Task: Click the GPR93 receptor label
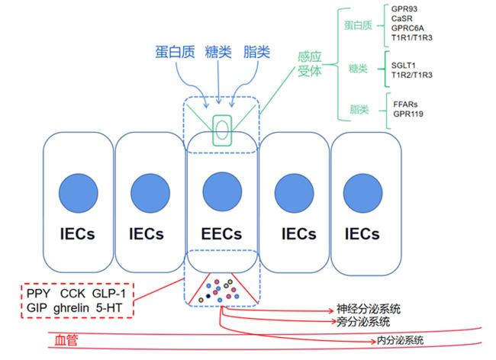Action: pyautogui.click(x=404, y=9)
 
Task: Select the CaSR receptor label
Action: pyautogui.click(x=401, y=18)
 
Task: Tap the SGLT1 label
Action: pyautogui.click(x=404, y=66)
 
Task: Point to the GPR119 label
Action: pyautogui.click(x=408, y=114)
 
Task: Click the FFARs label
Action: pyautogui.click(x=405, y=104)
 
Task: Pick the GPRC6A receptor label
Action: pyautogui.click(x=407, y=28)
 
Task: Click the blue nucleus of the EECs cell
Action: pyautogui.click(x=222, y=191)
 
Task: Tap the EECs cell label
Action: pyautogui.click(x=221, y=234)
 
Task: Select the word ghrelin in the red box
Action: pyautogui.click(x=71, y=307)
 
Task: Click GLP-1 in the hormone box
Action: pyautogui.click(x=109, y=294)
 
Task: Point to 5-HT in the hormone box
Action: pyautogui.click(x=109, y=307)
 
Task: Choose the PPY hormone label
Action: pyautogui.click(x=38, y=294)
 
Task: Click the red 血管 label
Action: pyautogui.click(x=66, y=341)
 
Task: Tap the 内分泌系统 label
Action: pyautogui.click(x=400, y=341)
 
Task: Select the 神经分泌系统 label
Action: pyautogui.click(x=369, y=309)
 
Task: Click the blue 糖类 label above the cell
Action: pyautogui.click(x=218, y=52)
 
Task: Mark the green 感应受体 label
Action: pyautogui.click(x=309, y=64)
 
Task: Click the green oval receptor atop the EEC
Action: pyautogui.click(x=222, y=130)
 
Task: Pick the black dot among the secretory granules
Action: pyautogui.click(x=208, y=296)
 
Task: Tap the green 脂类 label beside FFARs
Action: pyautogui.click(x=359, y=110)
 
